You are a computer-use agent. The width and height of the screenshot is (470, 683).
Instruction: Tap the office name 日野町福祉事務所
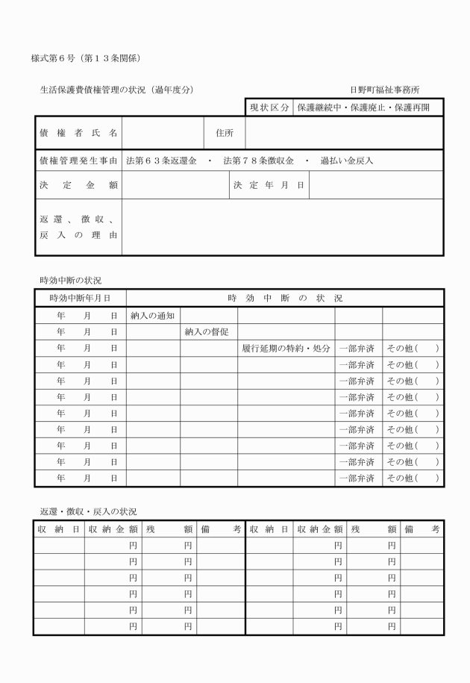(384, 90)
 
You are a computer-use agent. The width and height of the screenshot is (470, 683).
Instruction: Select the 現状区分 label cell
(269, 108)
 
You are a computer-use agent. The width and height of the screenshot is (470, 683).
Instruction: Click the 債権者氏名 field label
(78, 134)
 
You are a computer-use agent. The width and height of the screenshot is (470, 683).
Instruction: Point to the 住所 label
(225, 134)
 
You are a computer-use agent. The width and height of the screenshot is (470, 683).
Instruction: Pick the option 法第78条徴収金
(258, 160)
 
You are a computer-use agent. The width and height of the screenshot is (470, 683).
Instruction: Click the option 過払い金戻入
(346, 160)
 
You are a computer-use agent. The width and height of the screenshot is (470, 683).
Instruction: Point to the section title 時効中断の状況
(71, 280)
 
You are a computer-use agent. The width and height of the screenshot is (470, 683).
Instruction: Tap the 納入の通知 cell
(152, 316)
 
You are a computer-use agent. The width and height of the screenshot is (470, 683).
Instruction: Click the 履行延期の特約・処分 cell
(286, 348)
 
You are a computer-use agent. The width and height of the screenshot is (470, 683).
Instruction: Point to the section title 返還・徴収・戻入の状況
(88, 511)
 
